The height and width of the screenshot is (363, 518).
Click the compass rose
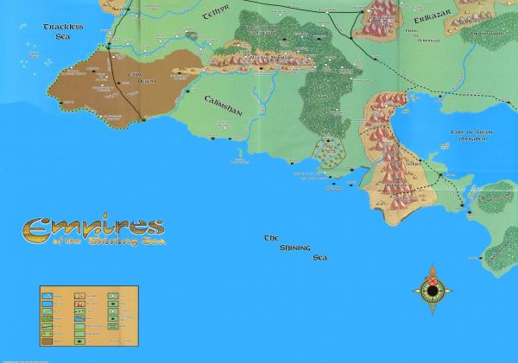click(431, 291)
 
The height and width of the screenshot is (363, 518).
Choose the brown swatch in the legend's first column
click(48, 341)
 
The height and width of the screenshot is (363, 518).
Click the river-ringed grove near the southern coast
click(328, 153)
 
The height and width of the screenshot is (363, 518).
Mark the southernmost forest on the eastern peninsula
click(500, 250)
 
